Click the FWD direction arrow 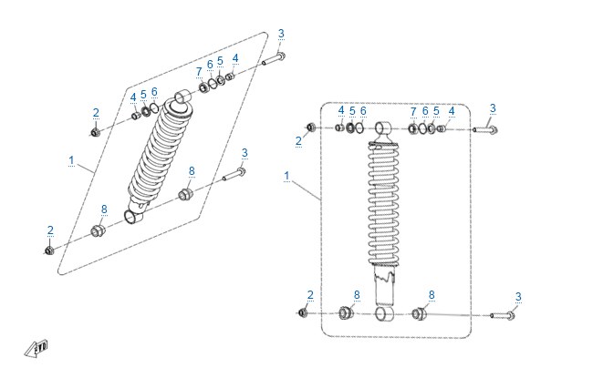point(36,349)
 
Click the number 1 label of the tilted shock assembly point(71,160)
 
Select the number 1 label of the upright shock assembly point(286,176)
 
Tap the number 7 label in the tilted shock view point(199,71)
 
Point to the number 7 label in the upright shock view point(413,112)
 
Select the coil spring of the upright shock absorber point(383,204)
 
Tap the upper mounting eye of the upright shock point(382,128)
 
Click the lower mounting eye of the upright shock point(383,313)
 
